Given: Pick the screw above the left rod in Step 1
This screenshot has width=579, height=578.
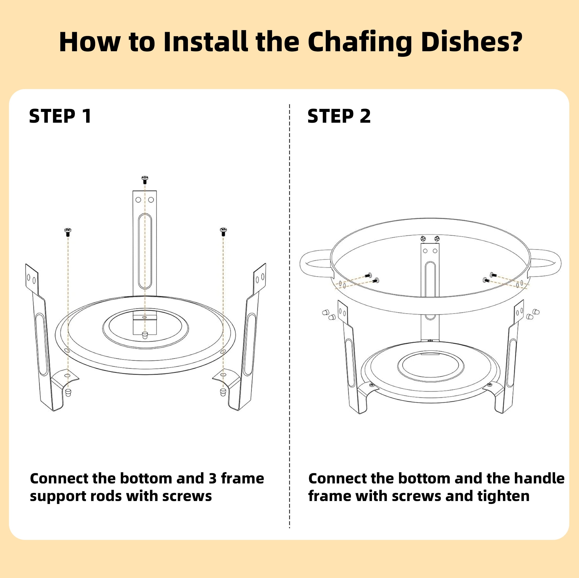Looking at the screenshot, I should (68, 231).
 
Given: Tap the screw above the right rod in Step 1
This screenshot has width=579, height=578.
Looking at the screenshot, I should (223, 231).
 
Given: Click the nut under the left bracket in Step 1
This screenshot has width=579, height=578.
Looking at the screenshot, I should (68, 393).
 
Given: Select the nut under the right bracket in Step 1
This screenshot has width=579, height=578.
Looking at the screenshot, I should (223, 392).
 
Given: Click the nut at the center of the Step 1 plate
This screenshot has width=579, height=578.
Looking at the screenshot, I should (145, 335).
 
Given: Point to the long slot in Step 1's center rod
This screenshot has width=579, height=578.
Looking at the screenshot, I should (145, 251).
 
